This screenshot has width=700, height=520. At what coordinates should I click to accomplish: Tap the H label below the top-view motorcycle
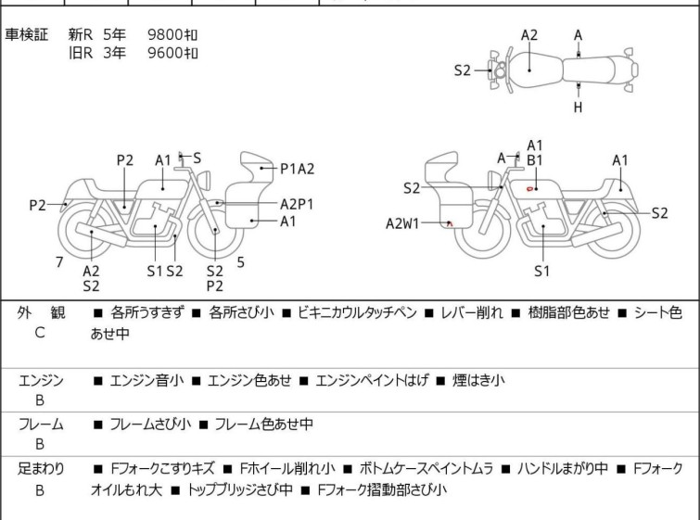[578, 108]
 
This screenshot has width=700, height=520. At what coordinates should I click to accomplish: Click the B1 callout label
[535, 160]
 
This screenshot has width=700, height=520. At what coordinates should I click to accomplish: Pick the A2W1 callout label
[404, 222]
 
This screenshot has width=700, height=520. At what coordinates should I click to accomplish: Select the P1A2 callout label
[297, 169]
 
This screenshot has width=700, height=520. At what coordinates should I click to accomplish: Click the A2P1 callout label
[297, 203]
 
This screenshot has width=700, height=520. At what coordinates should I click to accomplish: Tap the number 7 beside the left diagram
[59, 262]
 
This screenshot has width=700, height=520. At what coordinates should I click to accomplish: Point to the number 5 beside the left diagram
[240, 262]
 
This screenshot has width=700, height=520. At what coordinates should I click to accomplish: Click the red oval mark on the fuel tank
[529, 189]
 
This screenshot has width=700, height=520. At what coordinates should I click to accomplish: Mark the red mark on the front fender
[450, 223]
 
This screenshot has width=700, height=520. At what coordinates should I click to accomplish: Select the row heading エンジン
[41, 380]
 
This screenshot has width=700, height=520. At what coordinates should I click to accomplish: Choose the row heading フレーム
[41, 425]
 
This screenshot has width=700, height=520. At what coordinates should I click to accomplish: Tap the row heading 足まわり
[41, 469]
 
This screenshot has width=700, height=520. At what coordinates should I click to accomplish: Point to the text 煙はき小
[478, 380]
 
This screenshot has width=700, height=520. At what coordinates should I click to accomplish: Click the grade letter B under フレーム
[40, 443]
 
